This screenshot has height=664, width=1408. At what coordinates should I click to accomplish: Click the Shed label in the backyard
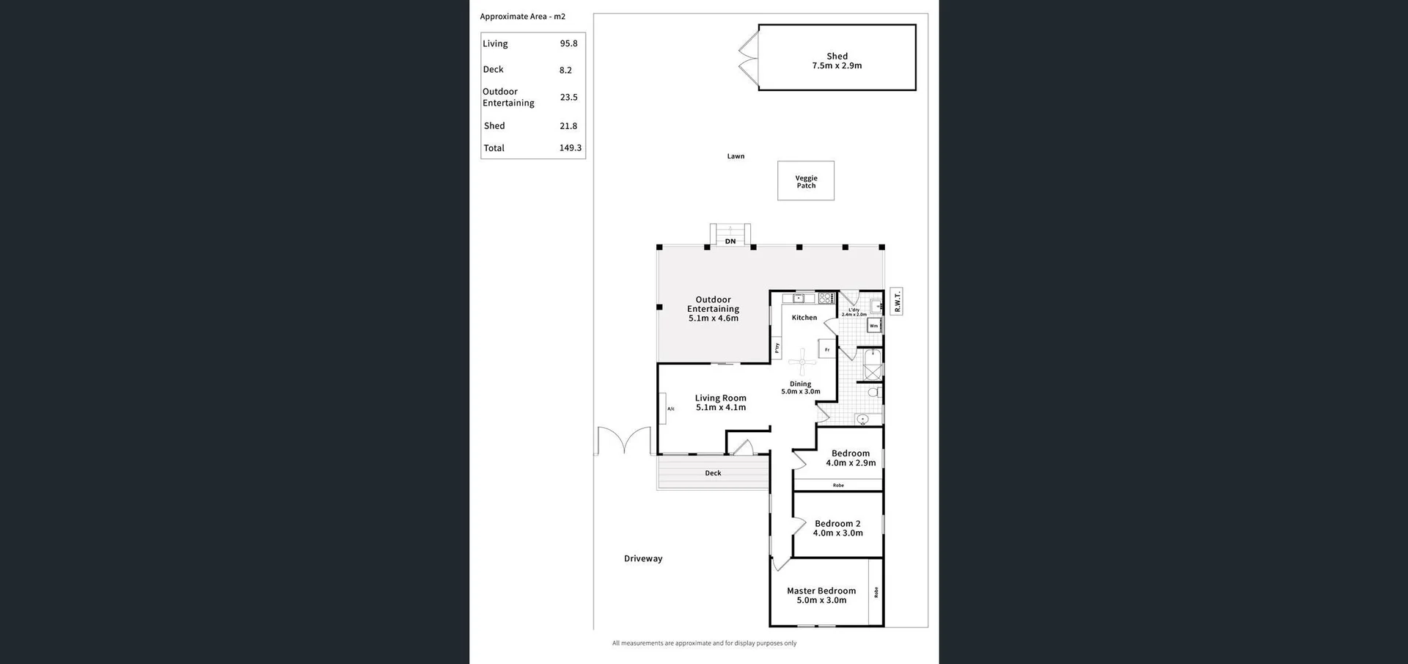[x=837, y=56]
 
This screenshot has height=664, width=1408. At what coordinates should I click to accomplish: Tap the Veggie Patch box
[x=806, y=181]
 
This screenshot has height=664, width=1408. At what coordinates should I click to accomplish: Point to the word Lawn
[x=736, y=156]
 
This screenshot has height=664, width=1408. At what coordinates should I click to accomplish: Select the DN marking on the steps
[x=730, y=241]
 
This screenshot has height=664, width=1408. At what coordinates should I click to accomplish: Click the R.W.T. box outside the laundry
[x=896, y=302]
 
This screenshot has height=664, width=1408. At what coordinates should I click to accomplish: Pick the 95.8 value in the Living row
[x=568, y=44]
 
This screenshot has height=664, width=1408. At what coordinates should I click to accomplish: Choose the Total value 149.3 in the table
[x=570, y=148]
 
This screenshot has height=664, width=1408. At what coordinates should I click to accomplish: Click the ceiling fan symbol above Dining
[x=802, y=361]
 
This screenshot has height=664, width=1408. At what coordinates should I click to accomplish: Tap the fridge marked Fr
[x=826, y=350]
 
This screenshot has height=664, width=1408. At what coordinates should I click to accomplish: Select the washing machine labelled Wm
[x=873, y=326]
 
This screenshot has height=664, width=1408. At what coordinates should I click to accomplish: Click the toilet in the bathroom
[x=873, y=393]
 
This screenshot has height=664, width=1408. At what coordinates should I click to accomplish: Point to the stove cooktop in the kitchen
[x=826, y=299]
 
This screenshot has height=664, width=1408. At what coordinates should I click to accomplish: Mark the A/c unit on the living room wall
[x=670, y=409]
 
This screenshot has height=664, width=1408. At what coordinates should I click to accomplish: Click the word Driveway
[x=643, y=559]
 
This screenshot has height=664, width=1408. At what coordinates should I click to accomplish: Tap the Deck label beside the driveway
[x=713, y=473]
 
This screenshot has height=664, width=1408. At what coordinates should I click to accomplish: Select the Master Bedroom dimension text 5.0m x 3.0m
[x=821, y=600]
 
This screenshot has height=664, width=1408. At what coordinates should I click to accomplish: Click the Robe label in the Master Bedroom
[x=876, y=591]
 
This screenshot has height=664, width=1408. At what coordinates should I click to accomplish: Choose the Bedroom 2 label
[x=837, y=524]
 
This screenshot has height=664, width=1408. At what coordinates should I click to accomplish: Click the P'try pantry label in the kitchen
[x=777, y=347]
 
